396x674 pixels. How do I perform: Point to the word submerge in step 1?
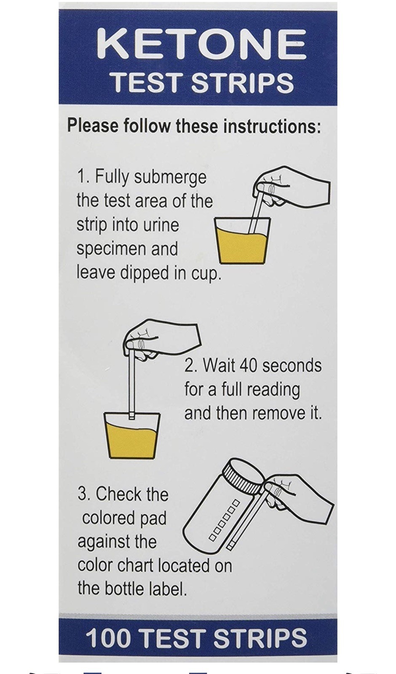tap(170, 177)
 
